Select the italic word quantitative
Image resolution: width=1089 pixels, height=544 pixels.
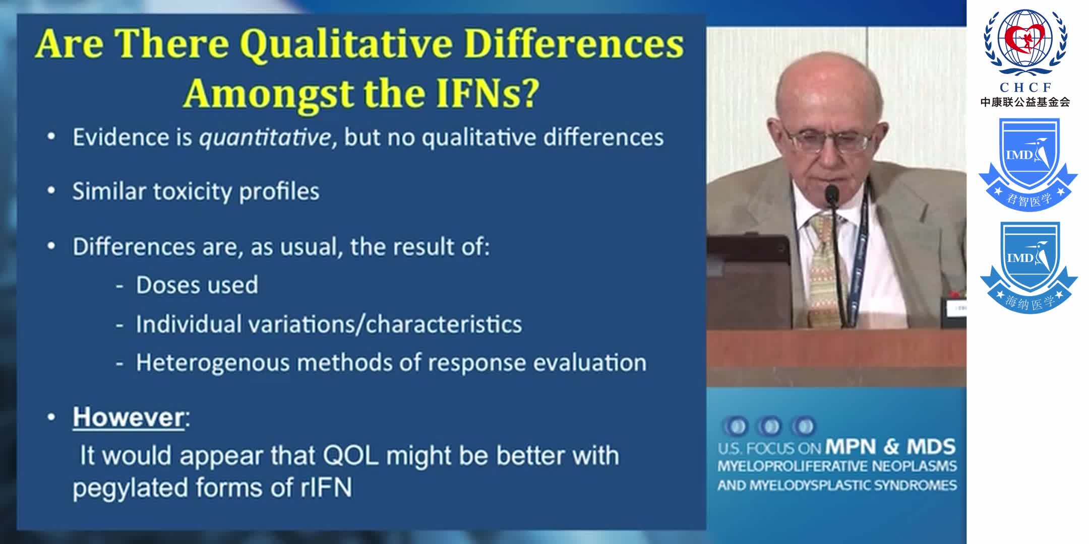[265, 138]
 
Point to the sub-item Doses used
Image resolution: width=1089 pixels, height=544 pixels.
[197, 285]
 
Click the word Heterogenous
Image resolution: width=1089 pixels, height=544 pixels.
[212, 363]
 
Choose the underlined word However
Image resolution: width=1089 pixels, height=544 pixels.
[129, 417]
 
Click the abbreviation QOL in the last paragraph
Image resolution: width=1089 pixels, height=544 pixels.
[350, 455]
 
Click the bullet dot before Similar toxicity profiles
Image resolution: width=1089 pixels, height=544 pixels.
[51, 191]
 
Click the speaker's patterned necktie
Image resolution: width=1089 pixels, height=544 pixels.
[822, 267]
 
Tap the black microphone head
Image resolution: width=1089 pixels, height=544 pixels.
[832, 194]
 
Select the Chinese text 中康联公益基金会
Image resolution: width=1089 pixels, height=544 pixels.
[1025, 102]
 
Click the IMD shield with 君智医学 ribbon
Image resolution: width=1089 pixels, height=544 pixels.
[1028, 164]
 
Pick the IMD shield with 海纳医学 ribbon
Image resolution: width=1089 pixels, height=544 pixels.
[1028, 267]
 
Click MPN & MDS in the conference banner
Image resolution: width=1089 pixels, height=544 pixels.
[890, 447]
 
